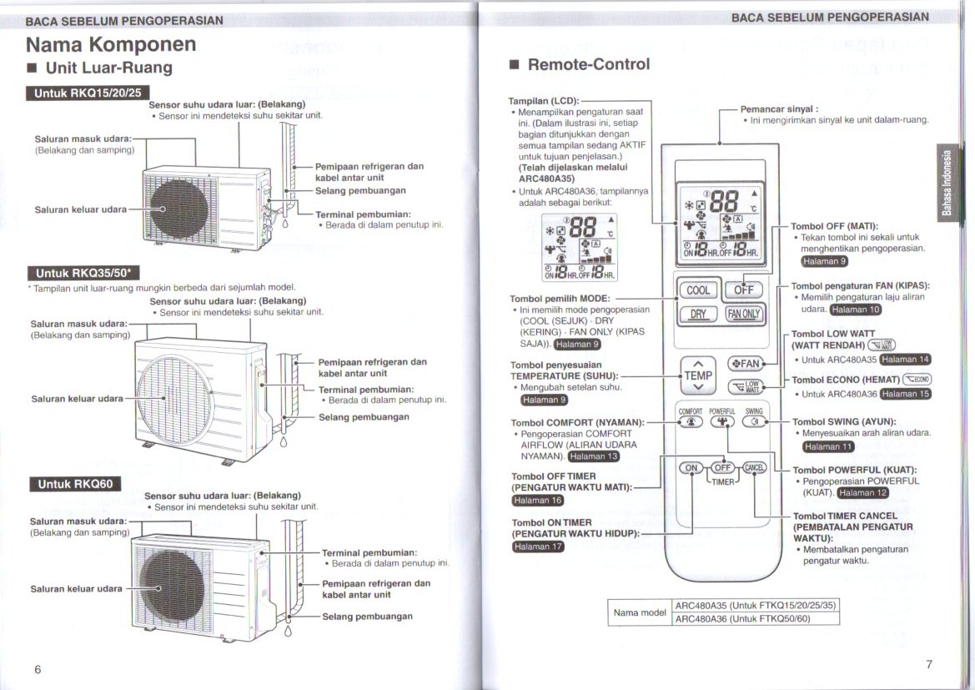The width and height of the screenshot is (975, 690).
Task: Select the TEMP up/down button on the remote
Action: pos(698,375)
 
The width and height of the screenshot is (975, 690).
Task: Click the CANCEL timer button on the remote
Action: pos(755,468)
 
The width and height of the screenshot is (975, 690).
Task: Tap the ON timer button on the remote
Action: pos(691,468)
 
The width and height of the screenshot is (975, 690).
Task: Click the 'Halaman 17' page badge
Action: pos(538,547)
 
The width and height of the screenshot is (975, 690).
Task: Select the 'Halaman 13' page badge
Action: pos(594,456)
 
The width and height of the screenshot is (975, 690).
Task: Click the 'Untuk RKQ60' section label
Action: pos(75,484)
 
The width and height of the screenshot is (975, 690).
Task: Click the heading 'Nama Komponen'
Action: pos(111,43)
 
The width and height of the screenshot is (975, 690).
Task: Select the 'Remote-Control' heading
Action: pos(588,64)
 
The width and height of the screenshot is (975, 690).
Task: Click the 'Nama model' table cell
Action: pos(640,612)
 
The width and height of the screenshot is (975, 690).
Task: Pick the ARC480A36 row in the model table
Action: pos(755,619)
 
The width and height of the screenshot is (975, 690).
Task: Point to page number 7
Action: pos(928,664)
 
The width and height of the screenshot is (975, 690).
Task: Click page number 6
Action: pos(38,670)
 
